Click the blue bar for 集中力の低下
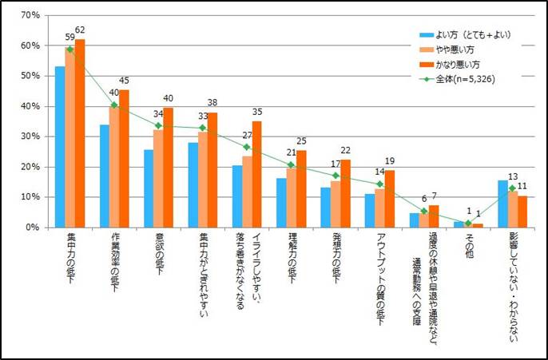coord(60,147)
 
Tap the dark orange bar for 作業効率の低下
coord(124,159)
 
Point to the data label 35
coord(257,112)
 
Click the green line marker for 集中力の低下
coord(70,49)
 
